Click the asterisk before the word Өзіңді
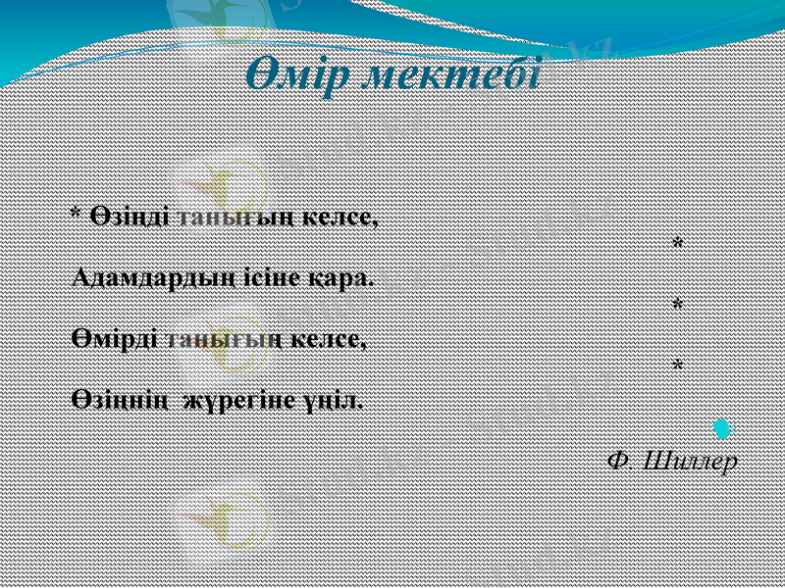click(x=77, y=214)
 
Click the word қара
click(x=340, y=277)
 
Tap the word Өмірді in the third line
click(x=115, y=339)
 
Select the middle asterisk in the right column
click(x=677, y=305)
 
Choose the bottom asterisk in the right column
click(x=677, y=366)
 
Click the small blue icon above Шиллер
click(x=723, y=427)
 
